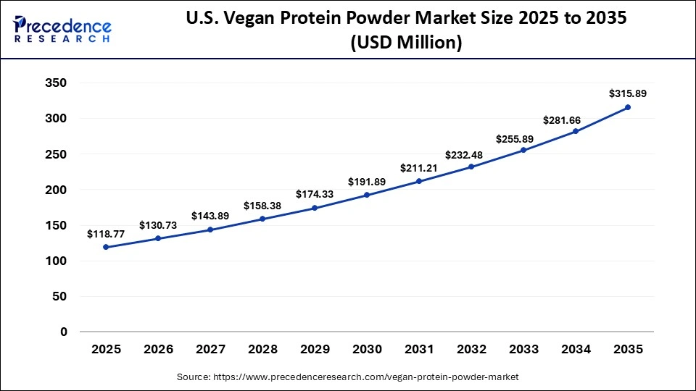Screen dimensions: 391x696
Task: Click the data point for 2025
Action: tap(106, 247)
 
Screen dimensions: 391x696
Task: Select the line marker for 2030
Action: tap(367, 195)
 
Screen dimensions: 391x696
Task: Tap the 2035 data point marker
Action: tap(628, 107)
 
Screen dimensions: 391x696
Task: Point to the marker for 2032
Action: tap(471, 167)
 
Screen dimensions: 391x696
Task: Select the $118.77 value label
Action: tap(106, 234)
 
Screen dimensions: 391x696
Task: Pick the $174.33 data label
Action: tap(315, 194)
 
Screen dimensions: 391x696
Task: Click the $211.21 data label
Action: tap(419, 168)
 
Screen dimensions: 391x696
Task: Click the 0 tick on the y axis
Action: tap(64, 332)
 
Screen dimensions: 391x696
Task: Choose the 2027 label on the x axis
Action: tap(210, 349)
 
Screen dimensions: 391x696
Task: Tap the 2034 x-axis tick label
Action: tap(576, 349)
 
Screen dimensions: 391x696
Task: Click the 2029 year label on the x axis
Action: tap(315, 349)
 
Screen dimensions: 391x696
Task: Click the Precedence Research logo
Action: tap(62, 30)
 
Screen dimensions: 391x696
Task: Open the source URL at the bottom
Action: tap(348, 377)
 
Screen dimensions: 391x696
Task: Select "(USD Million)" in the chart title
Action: tap(406, 43)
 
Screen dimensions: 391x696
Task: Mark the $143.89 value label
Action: tap(210, 216)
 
